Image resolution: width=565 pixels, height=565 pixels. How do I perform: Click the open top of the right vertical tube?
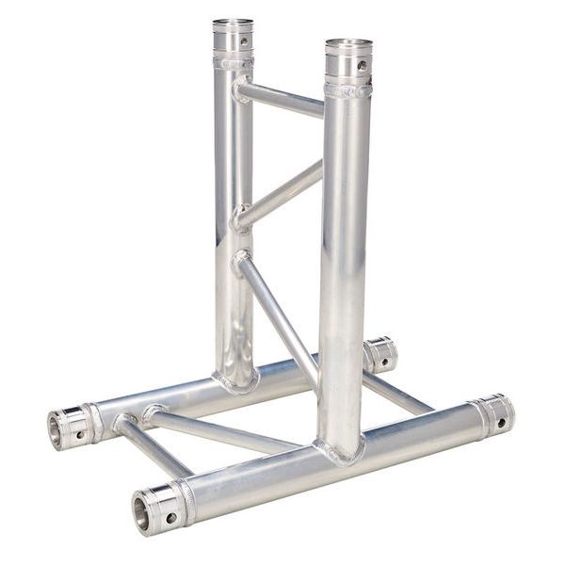tap(348, 43)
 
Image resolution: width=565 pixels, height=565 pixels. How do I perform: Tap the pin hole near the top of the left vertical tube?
tap(244, 40)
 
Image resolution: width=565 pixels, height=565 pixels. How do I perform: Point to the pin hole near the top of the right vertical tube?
tap(361, 66)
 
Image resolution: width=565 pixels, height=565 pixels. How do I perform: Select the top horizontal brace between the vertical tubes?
tap(280, 98)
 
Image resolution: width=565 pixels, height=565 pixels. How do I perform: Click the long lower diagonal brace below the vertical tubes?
tap(278, 311)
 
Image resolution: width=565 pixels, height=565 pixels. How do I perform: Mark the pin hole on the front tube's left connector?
tap(171, 517)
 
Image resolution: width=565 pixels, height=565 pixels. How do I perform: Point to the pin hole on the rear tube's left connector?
tap(81, 433)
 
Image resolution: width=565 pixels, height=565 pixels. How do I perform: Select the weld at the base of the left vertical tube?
tap(235, 380)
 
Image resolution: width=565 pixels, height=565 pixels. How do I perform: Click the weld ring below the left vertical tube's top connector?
tap(233, 63)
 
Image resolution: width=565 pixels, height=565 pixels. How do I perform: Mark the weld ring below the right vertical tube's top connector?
tap(347, 90)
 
